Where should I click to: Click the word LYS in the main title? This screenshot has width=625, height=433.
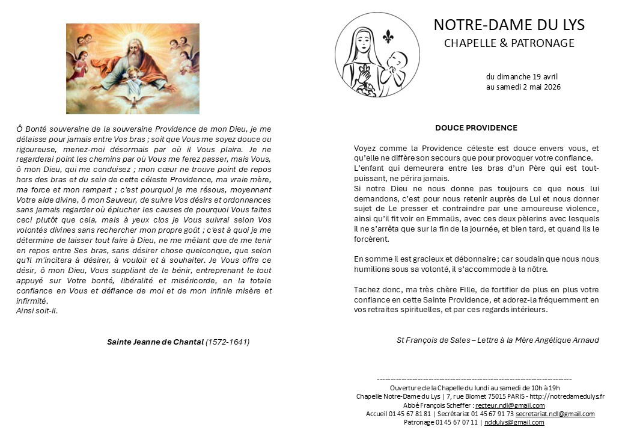pos(571,25)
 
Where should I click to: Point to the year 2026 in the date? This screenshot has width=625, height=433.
pos(551,87)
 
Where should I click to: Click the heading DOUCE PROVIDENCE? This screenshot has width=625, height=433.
pos(476,128)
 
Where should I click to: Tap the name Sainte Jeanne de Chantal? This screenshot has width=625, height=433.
pos(155,342)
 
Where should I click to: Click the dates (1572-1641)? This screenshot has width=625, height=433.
pos(227,342)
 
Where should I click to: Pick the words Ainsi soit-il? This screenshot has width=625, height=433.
pos(37,310)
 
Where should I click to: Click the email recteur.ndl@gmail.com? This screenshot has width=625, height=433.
pos(510,405)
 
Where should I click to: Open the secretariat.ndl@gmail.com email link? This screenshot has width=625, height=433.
pos(555,414)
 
